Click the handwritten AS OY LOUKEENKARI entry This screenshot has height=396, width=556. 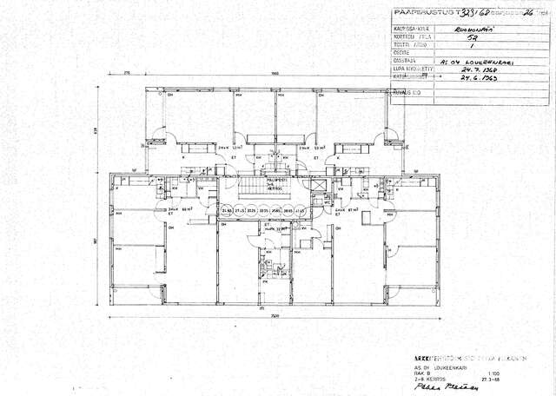coord(478,62)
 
